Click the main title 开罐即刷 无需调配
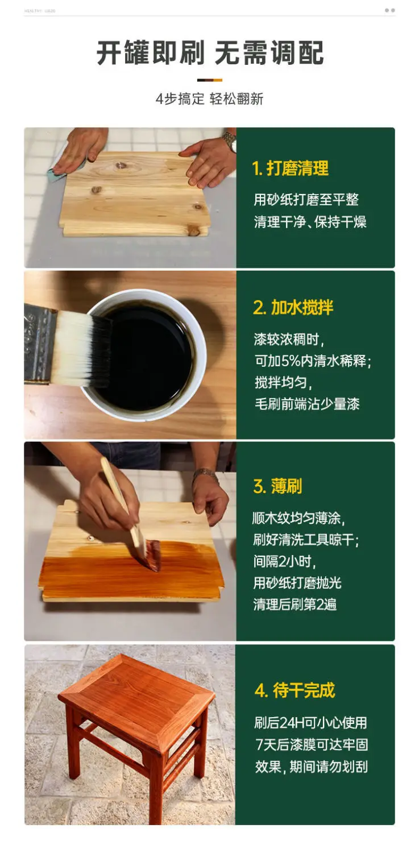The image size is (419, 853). [x=210, y=52]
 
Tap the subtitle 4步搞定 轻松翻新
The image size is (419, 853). [x=210, y=99]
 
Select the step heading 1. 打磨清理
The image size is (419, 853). [x=290, y=168]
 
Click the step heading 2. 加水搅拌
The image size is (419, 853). [x=293, y=307]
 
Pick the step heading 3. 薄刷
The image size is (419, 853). [x=277, y=486]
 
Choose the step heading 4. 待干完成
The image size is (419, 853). [x=295, y=690]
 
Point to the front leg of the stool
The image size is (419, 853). [x=156, y=784]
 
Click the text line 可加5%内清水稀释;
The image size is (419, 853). [x=313, y=361]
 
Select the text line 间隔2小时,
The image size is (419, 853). [x=285, y=561]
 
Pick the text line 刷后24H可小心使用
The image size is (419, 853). [x=311, y=722]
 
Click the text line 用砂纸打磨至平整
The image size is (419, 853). [x=306, y=200]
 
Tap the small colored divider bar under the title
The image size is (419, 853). [x=210, y=80]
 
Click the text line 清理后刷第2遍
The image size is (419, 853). [x=295, y=604]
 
